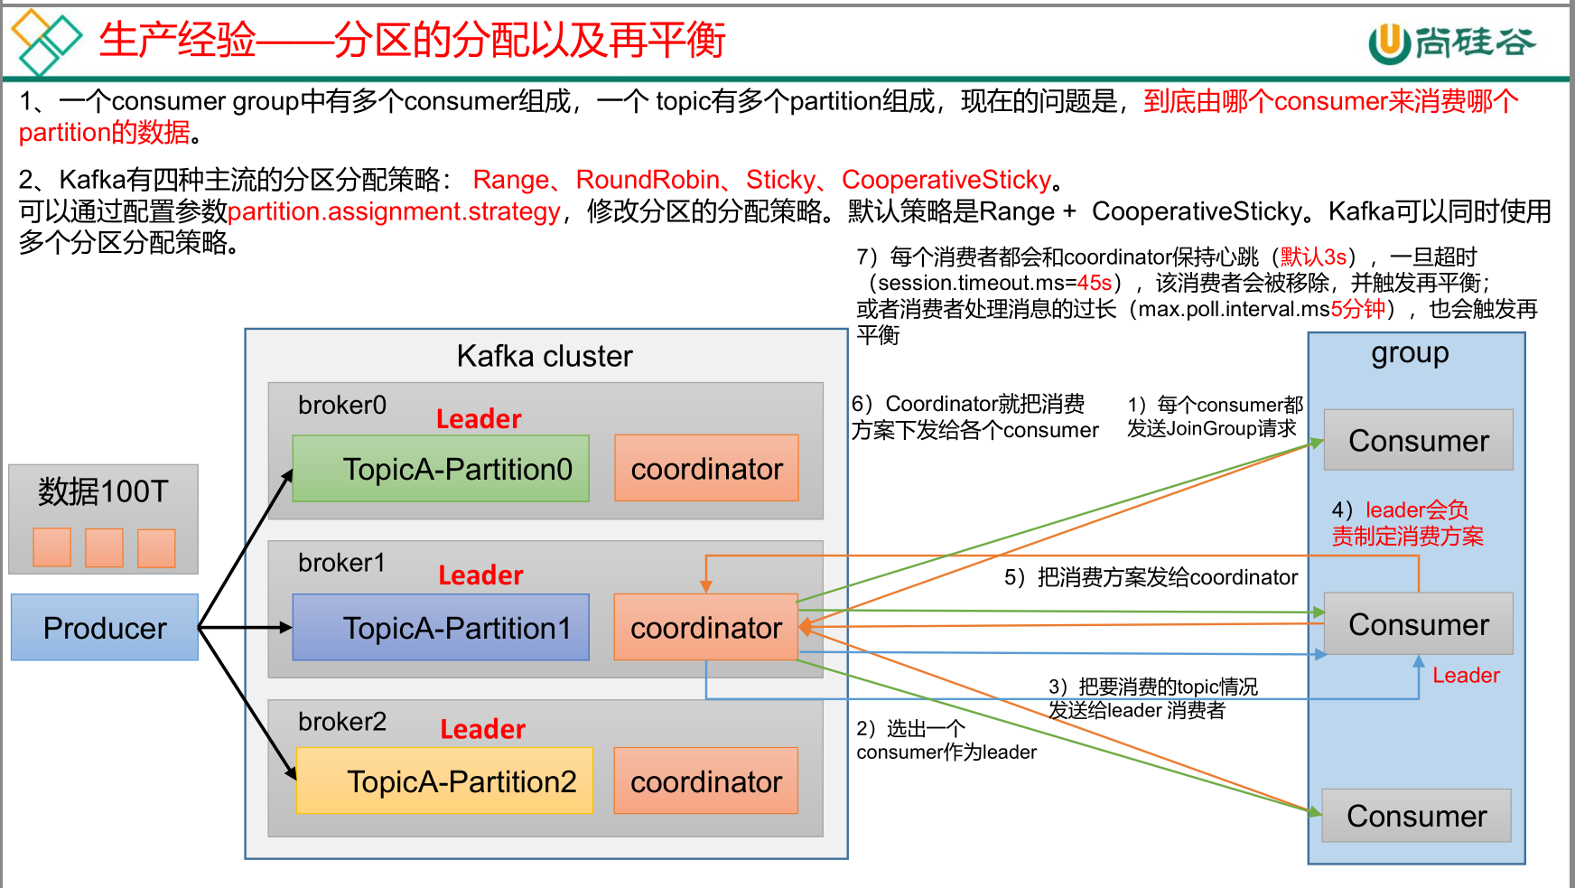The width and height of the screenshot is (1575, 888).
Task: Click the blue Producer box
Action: [105, 627]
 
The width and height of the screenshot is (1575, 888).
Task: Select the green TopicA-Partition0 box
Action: [441, 469]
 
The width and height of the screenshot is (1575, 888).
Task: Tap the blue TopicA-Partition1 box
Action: [441, 627]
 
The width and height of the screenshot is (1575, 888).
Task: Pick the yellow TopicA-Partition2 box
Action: [444, 781]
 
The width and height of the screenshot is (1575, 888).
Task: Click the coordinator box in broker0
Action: [706, 468]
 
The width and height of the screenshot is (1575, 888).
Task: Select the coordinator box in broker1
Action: [705, 627]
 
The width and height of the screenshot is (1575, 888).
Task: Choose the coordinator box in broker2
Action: [705, 781]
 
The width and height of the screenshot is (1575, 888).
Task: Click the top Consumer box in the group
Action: [1418, 440]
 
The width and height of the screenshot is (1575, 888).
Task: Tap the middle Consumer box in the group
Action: [1418, 624]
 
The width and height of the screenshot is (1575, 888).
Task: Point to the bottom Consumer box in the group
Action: [1416, 816]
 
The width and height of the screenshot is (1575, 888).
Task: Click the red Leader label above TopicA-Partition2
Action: [482, 729]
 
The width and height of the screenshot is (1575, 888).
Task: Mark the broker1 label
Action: [341, 563]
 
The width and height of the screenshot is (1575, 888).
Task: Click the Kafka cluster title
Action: [545, 356]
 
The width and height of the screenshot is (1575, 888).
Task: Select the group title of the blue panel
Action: [1410, 353]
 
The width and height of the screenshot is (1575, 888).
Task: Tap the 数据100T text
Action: [103, 491]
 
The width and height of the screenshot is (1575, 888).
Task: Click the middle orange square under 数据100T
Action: [104, 547]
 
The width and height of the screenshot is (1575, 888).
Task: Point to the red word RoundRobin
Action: [648, 180]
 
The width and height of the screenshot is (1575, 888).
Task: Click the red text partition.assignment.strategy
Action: [394, 211]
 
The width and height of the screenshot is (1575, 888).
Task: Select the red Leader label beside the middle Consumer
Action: [1466, 675]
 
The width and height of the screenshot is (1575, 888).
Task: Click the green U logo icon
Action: [1389, 42]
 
